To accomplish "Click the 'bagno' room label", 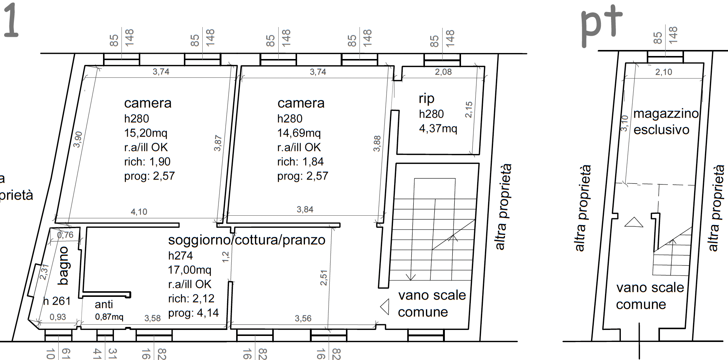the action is pyautogui.click(x=63, y=266).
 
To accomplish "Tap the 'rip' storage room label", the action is pyautogui.click(x=427, y=98).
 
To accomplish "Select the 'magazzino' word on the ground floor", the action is pyautogui.click(x=666, y=113).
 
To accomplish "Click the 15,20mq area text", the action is pyautogui.click(x=146, y=133).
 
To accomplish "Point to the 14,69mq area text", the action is pyautogui.click(x=299, y=133).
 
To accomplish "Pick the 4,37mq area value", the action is pyautogui.click(x=438, y=129).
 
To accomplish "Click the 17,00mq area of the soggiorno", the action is pyautogui.click(x=190, y=270).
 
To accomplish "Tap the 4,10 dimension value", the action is pyautogui.click(x=139, y=212).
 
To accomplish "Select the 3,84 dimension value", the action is pyautogui.click(x=305, y=209).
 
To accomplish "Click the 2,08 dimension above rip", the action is pyautogui.click(x=443, y=72).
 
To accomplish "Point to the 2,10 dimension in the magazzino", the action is pyautogui.click(x=664, y=72).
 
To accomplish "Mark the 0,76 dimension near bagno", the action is pyautogui.click(x=65, y=235).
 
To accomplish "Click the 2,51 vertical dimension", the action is pyautogui.click(x=324, y=278).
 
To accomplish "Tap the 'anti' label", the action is pyautogui.click(x=104, y=304).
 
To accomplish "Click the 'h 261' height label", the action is pyautogui.click(x=57, y=301).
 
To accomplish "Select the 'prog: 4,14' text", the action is pyautogui.click(x=193, y=313).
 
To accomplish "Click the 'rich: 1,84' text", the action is pyautogui.click(x=300, y=162).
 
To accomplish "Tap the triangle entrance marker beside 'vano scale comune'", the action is pyautogui.click(x=384, y=307).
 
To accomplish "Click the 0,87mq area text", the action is pyautogui.click(x=109, y=317).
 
